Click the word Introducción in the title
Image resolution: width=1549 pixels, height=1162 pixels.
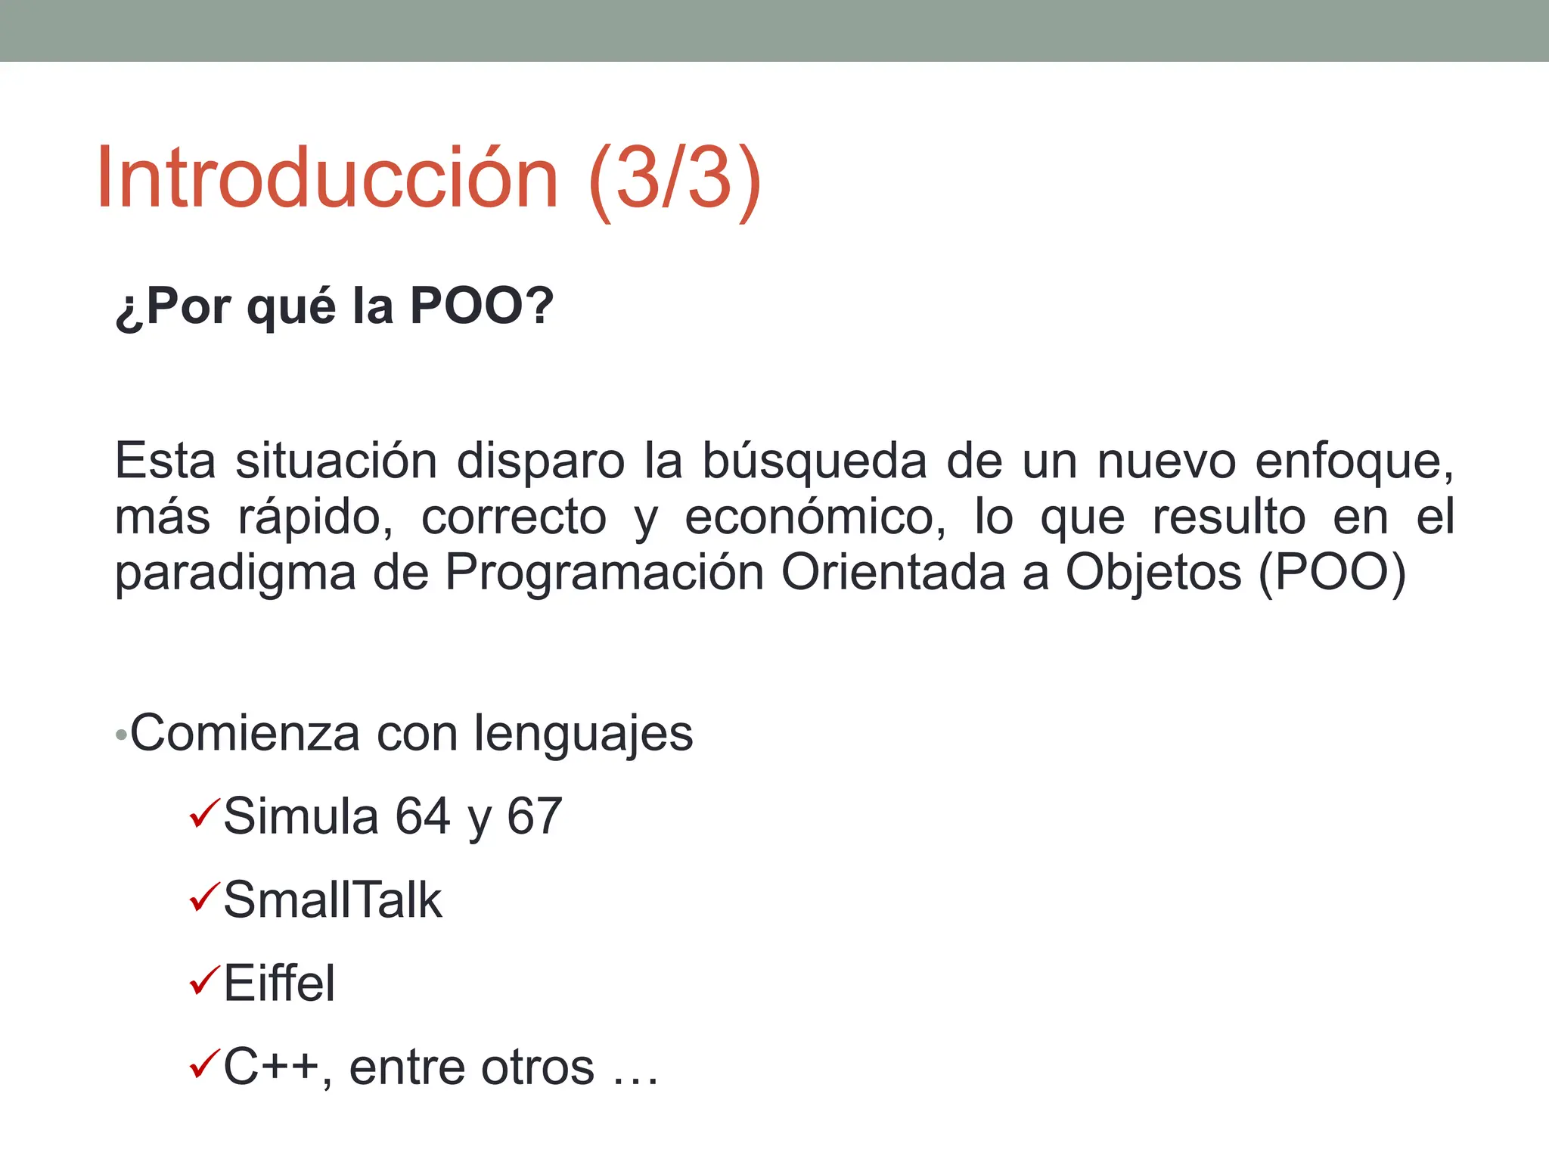[x=327, y=179]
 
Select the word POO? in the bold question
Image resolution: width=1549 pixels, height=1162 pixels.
[x=482, y=306]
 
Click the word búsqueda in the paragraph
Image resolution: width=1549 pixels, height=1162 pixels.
[x=814, y=461]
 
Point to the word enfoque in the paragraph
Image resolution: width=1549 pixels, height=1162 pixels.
[x=1353, y=461]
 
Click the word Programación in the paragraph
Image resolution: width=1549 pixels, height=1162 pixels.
[x=604, y=573]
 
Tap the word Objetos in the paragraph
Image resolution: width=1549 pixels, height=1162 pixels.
[x=1153, y=573]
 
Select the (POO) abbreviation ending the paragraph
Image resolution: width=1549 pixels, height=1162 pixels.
[x=1332, y=573]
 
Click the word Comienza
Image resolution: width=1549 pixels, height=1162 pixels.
[x=245, y=733]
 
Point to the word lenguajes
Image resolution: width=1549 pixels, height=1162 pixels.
[x=582, y=735]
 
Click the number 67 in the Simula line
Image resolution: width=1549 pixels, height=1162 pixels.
[x=534, y=816]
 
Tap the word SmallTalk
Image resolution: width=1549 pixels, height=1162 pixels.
[x=333, y=900]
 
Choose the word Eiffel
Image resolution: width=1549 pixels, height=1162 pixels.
[x=279, y=983]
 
